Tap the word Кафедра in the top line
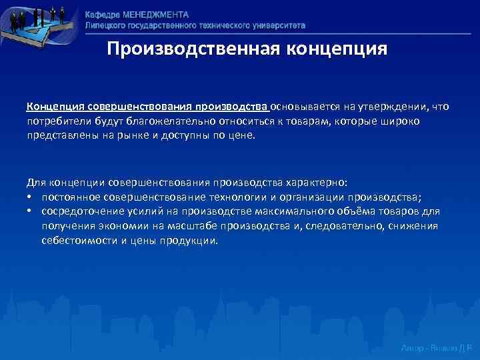(104, 14)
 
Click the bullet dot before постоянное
(31, 198)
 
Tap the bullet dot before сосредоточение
(31, 211)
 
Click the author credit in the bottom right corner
(437, 347)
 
